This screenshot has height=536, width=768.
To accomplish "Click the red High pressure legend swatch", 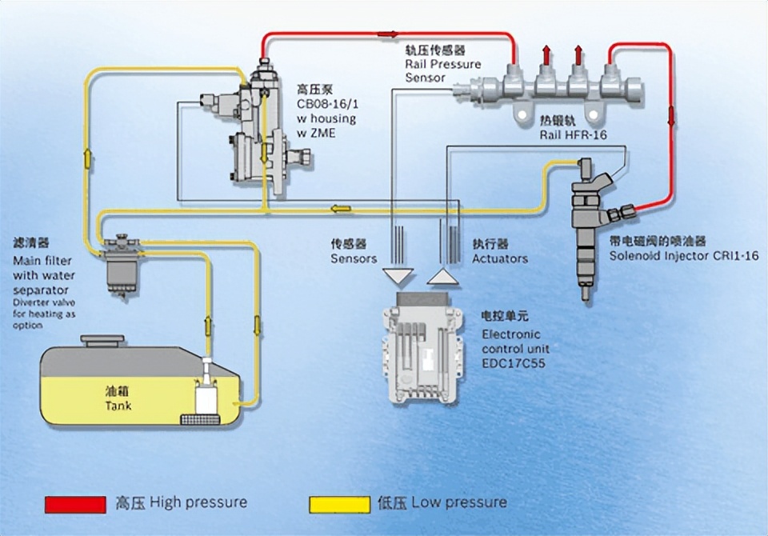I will coord(75,504).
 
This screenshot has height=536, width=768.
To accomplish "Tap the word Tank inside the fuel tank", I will coord(118,406).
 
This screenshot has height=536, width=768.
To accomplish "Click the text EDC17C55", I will coord(514,363).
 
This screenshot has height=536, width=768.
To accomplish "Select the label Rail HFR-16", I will coord(573,135).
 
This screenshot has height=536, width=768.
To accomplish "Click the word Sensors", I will coord(354,258).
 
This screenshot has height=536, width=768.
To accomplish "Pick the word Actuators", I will coord(500,258).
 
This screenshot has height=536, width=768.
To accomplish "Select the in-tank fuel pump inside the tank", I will coord(206,392).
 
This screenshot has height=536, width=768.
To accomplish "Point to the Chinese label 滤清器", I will coord(33,242).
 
